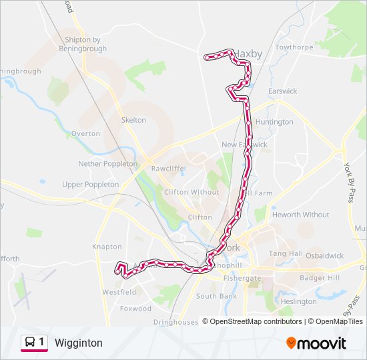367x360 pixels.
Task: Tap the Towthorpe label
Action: [294, 47]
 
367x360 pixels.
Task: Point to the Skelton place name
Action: [133, 120]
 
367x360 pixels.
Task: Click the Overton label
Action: [85, 133]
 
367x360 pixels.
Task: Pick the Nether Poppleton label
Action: [107, 163]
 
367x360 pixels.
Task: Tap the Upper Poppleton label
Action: [90, 184]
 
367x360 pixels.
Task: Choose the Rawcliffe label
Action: [167, 169]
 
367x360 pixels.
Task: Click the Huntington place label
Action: [274, 122]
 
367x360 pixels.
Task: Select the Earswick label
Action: [282, 91]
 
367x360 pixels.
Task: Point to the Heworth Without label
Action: [300, 215]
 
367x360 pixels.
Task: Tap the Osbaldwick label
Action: [324, 255]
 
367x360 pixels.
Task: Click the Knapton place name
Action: [107, 247]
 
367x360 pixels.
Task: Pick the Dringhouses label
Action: [175, 322]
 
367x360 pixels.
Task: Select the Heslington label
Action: [298, 301]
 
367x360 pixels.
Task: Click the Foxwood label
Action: [135, 309]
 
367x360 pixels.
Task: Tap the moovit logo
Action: [316, 343]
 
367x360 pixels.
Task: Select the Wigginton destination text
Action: [79, 343]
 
